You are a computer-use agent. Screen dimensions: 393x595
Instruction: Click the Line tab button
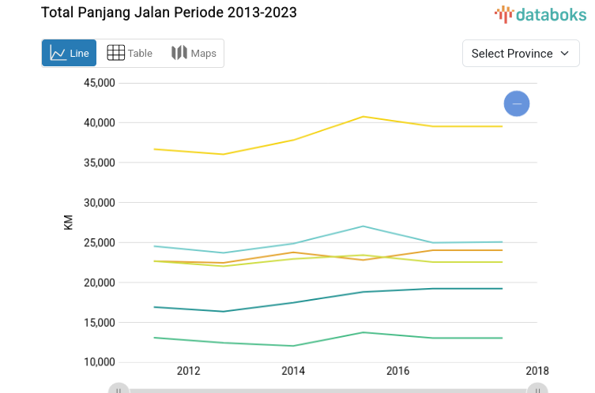[70, 53]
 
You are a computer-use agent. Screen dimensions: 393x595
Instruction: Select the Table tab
[130, 53]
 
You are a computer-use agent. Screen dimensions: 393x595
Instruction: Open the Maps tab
[194, 53]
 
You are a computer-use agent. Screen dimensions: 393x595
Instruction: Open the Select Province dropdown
[520, 53]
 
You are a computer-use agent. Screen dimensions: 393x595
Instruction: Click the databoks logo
[540, 13]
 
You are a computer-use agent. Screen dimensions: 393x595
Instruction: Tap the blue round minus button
[517, 103]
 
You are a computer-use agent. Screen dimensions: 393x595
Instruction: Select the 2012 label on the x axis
[188, 371]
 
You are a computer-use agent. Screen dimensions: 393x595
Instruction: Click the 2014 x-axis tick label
[293, 371]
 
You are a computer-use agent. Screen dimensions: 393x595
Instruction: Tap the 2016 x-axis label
[397, 371]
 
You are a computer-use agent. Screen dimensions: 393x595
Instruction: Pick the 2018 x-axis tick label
[537, 371]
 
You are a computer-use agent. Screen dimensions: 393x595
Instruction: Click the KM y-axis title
[68, 223]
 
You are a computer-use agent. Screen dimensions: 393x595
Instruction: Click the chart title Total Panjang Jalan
[169, 13]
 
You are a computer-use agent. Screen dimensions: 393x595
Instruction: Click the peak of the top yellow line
[363, 116]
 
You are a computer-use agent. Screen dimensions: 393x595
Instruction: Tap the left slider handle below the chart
[119, 388]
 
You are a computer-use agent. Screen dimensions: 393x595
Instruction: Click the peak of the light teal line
[363, 226]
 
